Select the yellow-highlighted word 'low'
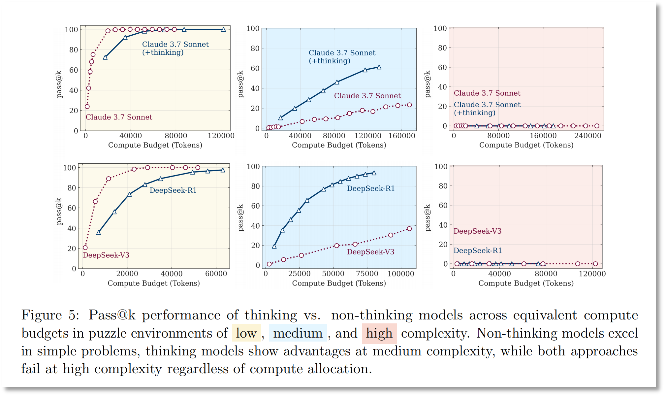[246, 333]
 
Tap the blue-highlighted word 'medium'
[298, 333]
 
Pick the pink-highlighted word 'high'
[379, 333]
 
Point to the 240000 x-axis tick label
[588, 135]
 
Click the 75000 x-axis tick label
[367, 274]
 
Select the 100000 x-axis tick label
[401, 274]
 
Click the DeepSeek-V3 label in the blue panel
[370, 252]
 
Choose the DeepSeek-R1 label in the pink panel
[478, 250]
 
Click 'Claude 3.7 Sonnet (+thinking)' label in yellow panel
[175, 48]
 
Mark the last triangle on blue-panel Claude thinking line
[379, 67]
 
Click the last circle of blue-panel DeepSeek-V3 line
[409, 229]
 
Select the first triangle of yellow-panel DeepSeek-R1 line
[98, 233]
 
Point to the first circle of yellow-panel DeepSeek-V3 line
[85, 247]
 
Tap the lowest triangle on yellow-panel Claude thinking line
[105, 57]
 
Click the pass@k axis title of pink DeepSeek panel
[428, 218]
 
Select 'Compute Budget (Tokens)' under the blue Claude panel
[339, 145]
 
